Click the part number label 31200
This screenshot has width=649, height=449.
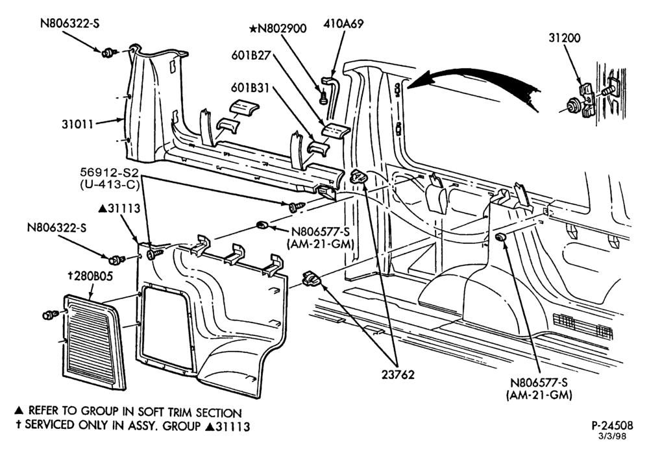565,38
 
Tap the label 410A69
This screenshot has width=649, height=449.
343,24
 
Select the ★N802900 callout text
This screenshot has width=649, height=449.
278,29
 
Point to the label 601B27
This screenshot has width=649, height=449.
251,55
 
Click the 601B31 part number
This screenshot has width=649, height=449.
250,88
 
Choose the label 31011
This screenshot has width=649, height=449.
78,124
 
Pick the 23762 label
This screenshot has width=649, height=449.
398,374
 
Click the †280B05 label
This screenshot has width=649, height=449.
90,276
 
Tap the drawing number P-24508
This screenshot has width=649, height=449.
612,426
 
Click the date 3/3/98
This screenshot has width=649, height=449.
614,436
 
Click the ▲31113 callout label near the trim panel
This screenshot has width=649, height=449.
119,208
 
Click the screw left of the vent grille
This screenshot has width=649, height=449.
51,315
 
